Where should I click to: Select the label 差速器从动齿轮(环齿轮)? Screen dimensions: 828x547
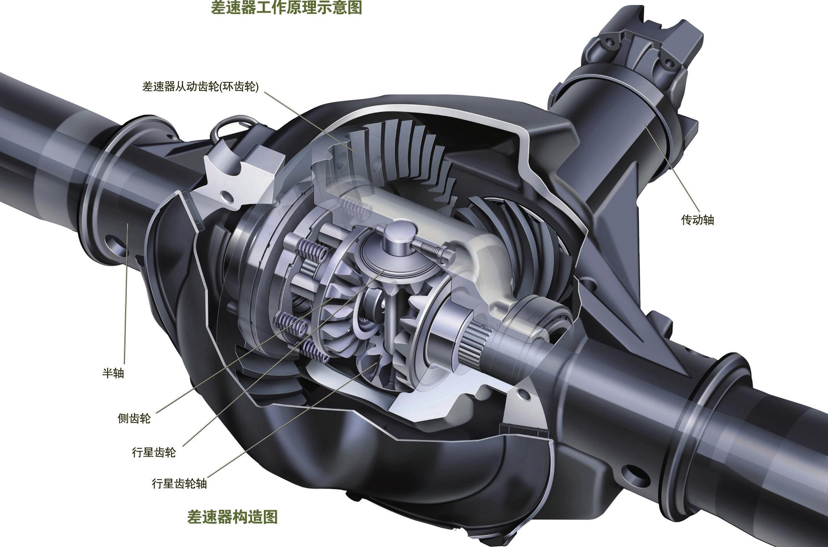(201, 87)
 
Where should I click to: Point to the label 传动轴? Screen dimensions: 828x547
(698, 220)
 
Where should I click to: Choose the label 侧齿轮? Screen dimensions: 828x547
(134, 418)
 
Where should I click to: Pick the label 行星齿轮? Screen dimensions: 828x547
(154, 452)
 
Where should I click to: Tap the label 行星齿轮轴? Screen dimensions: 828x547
(179, 483)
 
